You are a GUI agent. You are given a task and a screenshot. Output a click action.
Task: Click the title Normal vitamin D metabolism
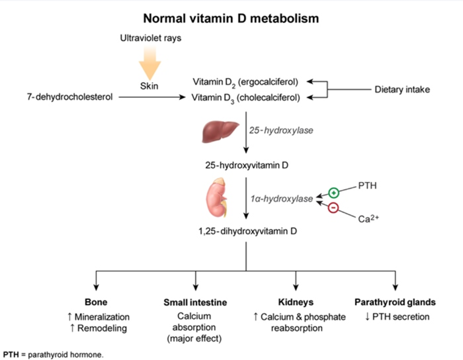tap(231, 18)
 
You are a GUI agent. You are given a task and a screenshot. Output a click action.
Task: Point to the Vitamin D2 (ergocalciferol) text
tap(245, 82)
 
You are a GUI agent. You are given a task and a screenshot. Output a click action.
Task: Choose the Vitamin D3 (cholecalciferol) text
tap(245, 97)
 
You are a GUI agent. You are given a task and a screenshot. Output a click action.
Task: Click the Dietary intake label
tap(404, 89)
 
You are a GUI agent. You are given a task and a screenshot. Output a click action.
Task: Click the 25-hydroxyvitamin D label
tap(245, 162)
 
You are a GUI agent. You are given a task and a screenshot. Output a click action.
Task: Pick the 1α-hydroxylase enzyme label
tap(281, 197)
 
